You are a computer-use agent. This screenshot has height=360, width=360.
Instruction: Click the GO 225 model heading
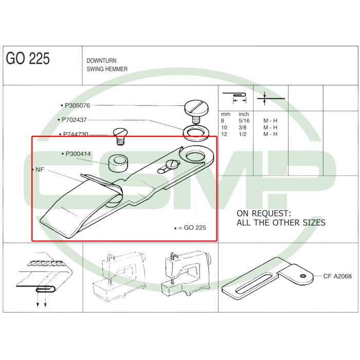pyautogui.click(x=28, y=58)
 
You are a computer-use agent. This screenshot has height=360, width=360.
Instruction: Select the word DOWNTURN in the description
pyautogui.click(x=101, y=61)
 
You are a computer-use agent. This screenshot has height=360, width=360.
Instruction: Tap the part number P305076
pyautogui.click(x=77, y=105)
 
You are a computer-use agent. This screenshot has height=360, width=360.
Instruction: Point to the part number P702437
pyautogui.click(x=74, y=120)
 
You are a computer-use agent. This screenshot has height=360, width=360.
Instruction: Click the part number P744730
pyautogui.click(x=76, y=134)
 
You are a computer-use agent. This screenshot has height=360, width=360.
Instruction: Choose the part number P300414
pyautogui.click(x=78, y=154)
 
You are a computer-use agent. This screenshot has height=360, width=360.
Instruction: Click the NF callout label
pyautogui.click(x=40, y=170)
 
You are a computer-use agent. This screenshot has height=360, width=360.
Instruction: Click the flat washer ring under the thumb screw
pyautogui.click(x=196, y=133)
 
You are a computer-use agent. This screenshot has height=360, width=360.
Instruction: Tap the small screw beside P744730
pyautogui.click(x=120, y=136)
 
